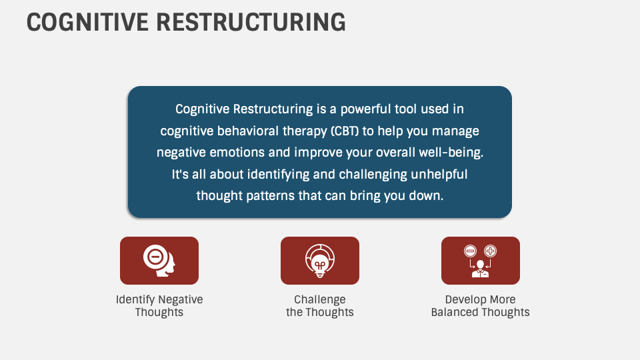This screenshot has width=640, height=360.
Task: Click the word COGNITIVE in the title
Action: [x=86, y=22]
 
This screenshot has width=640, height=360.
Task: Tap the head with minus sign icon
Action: [x=159, y=260]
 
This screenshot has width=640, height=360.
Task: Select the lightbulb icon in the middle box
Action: [x=320, y=260]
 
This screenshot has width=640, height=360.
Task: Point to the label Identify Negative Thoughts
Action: [x=159, y=306]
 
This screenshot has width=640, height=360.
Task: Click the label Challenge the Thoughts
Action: [x=320, y=306]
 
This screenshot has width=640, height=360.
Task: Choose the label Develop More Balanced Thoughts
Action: [x=481, y=306]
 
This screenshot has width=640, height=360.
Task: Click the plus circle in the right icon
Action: [x=491, y=251]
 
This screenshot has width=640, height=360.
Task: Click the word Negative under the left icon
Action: [x=181, y=299]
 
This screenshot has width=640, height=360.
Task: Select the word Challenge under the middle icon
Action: [x=320, y=299]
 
